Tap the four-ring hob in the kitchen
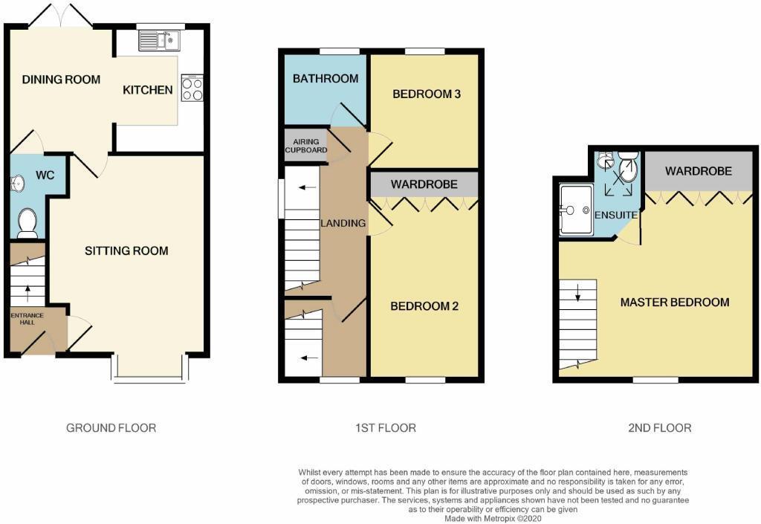pyautogui.click(x=192, y=88)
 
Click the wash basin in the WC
pyautogui.click(x=18, y=183)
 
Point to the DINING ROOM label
pyautogui.click(x=61, y=80)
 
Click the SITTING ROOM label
pyautogui.click(x=126, y=250)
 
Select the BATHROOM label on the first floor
pyautogui.click(x=326, y=78)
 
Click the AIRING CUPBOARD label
pyautogui.click(x=305, y=146)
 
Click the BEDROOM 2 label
pyautogui.click(x=424, y=306)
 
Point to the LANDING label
pyautogui.click(x=343, y=223)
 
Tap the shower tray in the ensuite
pyautogui.click(x=576, y=209)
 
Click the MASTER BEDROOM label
pyautogui.click(x=675, y=302)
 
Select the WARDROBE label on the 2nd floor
pyautogui.click(x=698, y=171)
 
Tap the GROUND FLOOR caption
pyautogui.click(x=111, y=427)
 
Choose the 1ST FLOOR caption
pyautogui.click(x=386, y=427)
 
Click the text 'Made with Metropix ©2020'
pyautogui.click(x=493, y=518)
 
